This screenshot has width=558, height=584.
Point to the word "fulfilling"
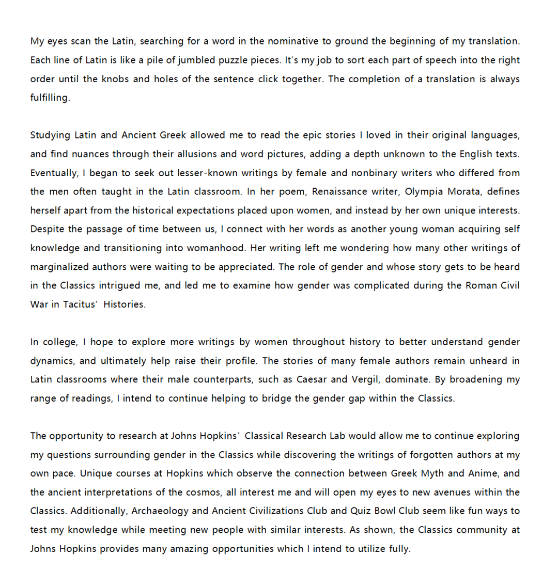(x=49, y=98)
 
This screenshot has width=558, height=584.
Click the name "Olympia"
(x=424, y=192)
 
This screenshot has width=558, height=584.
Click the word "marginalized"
(x=59, y=267)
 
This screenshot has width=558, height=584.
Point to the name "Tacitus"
(x=80, y=304)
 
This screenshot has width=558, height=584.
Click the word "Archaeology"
(x=160, y=511)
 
